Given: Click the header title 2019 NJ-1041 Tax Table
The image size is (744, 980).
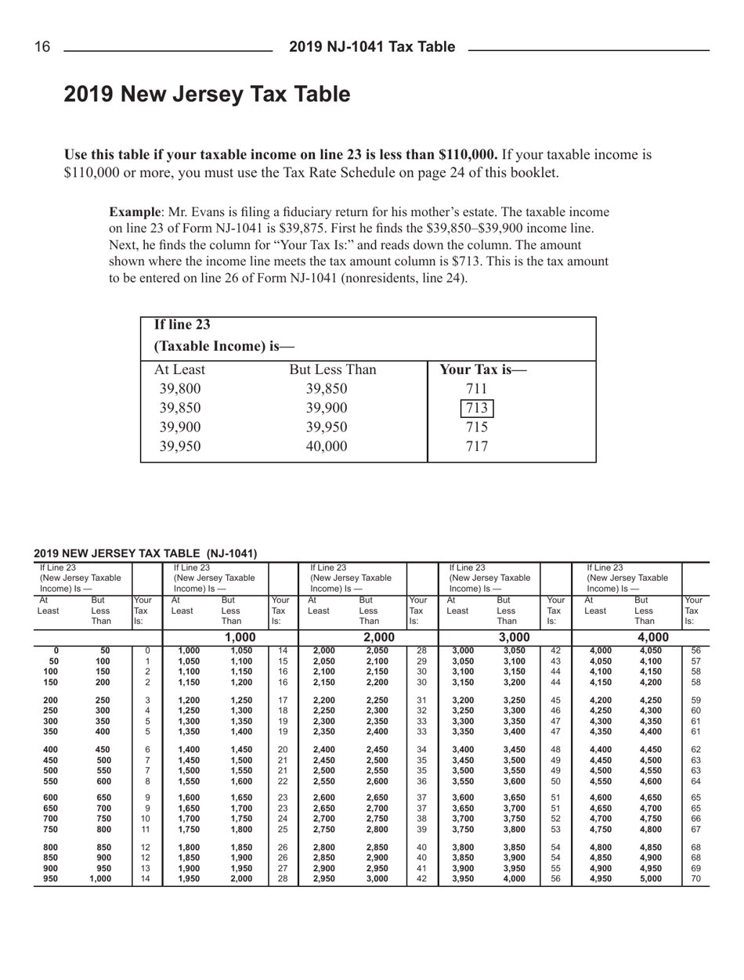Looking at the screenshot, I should (371, 49).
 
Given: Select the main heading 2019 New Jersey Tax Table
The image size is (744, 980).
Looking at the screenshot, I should (206, 95).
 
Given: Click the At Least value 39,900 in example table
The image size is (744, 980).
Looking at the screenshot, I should (179, 427).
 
